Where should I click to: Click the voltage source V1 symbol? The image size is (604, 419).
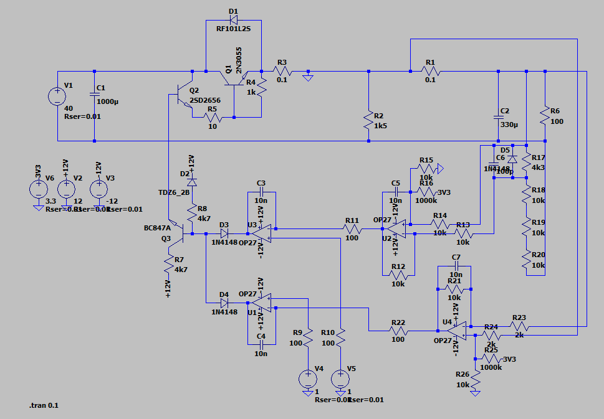56,97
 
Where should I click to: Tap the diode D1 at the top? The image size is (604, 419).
234,20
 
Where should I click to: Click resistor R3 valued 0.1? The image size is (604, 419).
282,72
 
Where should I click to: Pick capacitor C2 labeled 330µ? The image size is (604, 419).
498,116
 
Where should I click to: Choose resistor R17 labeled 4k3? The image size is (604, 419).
527,164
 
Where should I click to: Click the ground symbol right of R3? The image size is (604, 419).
307,77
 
